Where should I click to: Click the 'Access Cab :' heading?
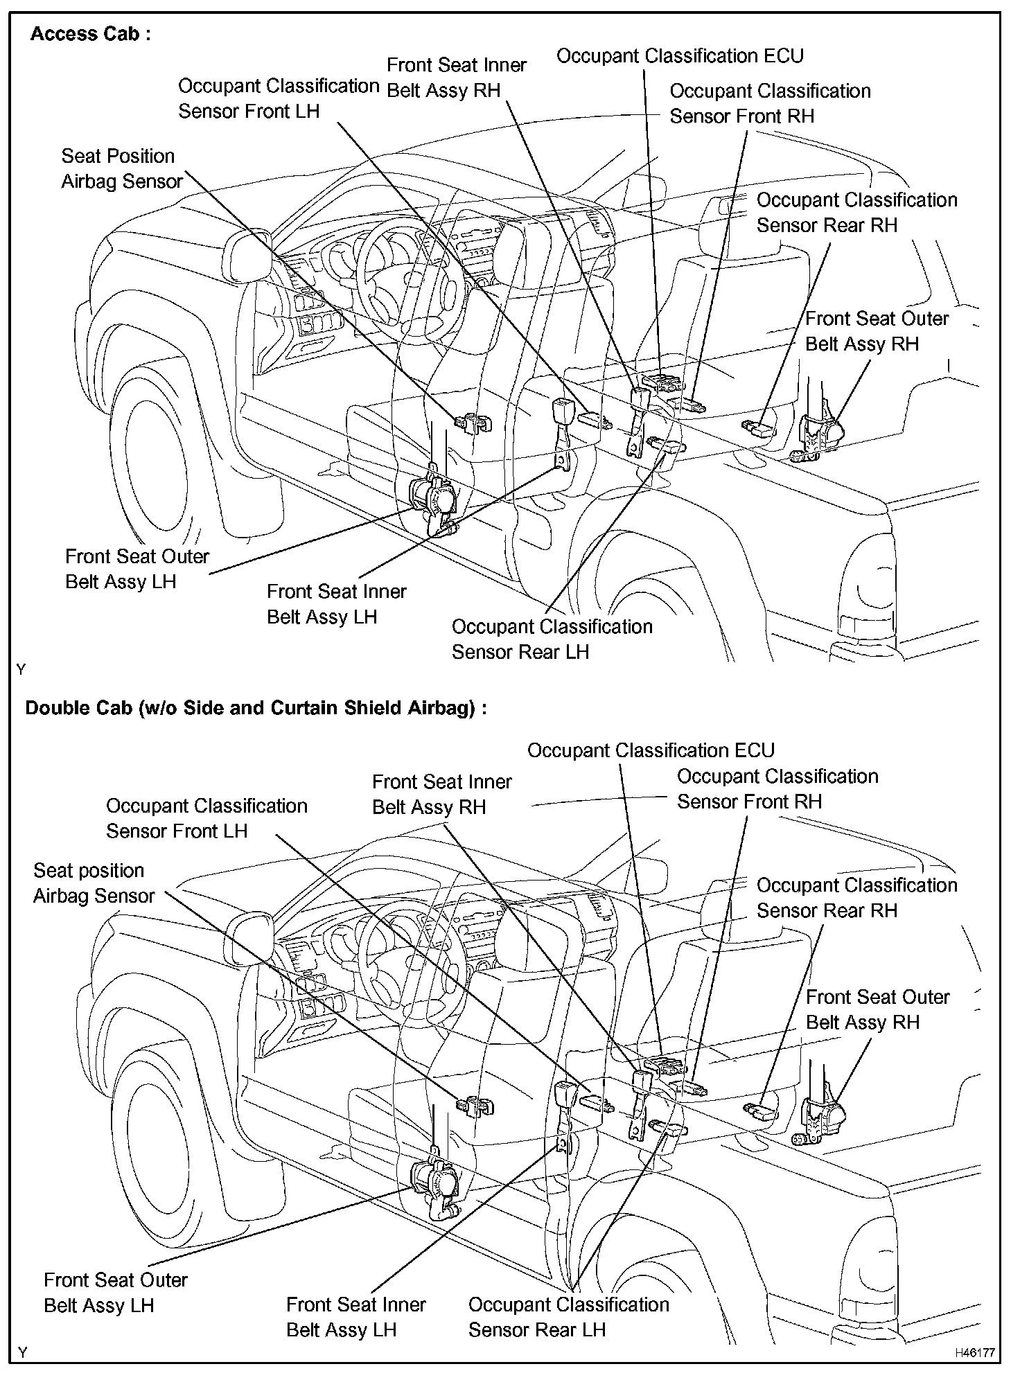[x=90, y=34]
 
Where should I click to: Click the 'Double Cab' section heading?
[x=255, y=707]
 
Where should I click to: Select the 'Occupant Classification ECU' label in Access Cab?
[x=679, y=56]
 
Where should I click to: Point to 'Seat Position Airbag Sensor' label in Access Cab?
[x=121, y=168]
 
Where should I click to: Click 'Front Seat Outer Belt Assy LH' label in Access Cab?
[x=137, y=569]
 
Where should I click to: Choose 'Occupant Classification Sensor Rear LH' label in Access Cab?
[x=552, y=639]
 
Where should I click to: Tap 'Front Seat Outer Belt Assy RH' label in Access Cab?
[x=876, y=331]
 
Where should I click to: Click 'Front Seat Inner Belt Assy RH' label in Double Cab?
[x=441, y=794]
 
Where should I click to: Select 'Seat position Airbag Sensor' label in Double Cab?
[x=94, y=883]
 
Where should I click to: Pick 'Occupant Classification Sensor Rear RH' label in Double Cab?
[x=856, y=897]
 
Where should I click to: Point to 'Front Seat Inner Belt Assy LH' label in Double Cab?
[x=355, y=1316]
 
